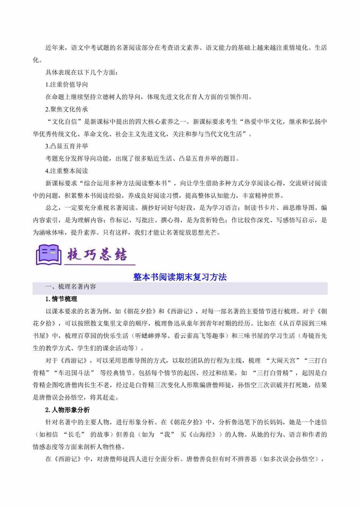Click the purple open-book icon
point(47,255)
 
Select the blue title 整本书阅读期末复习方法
point(180,277)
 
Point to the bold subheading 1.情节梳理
point(61,299)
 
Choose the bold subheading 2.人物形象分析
point(67,410)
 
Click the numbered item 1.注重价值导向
point(67,85)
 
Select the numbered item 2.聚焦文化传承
point(67,109)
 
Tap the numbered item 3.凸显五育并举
point(67,146)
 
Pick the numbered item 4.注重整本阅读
point(67,171)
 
